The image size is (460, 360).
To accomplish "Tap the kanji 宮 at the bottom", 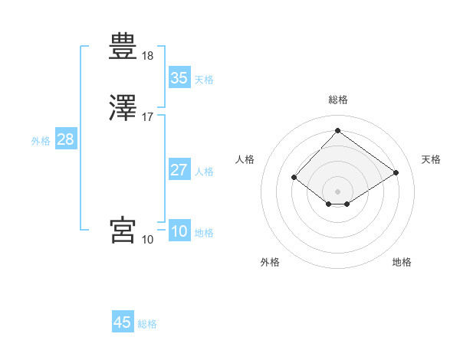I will coord(123,229).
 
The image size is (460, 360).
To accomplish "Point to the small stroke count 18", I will coord(147,56).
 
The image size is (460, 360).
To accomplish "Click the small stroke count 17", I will coord(147,117).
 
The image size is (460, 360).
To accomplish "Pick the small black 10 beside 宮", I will coord(147,240).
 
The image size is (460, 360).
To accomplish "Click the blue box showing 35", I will coord(179,77).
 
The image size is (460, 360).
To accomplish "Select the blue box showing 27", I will coord(179,170).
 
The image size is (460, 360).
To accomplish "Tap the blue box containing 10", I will coord(179,231).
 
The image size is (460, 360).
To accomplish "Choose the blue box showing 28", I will coord(65,139).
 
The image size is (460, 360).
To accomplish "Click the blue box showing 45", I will coord(123,322).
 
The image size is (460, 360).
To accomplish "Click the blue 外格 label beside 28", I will coord(41,141).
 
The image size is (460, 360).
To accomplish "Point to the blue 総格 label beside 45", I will coord(147,324).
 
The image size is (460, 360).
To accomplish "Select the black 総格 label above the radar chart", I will coord(337,100).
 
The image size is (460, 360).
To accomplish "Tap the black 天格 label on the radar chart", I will coord(431,159).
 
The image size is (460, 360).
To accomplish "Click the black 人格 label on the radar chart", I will coord(245,159).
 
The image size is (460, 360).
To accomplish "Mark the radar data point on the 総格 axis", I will coord(337,130).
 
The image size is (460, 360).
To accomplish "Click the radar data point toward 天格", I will coord(396,172).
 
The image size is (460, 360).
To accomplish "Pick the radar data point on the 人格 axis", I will coord(294,177).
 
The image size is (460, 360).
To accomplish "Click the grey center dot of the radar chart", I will coord(337,191).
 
